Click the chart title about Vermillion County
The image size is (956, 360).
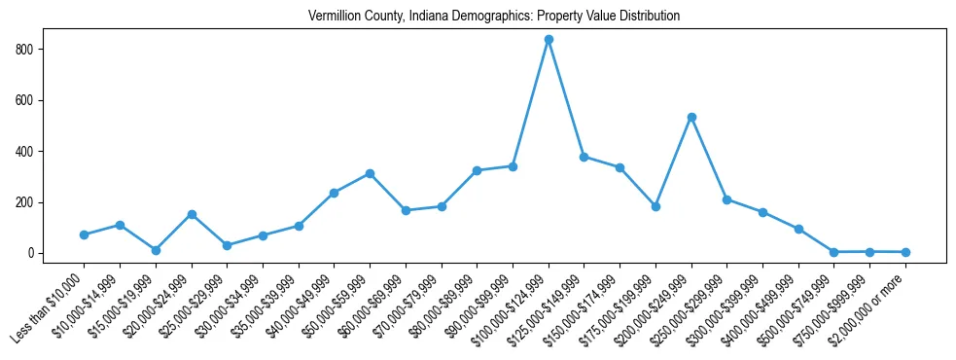point(493,17)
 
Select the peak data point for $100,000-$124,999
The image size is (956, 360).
point(549,40)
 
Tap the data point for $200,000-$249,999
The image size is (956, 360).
point(691,117)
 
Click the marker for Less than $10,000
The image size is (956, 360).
point(84,234)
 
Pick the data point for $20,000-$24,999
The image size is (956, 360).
point(192,214)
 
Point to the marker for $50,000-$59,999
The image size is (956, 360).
point(370,173)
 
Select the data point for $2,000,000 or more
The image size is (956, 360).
point(905,252)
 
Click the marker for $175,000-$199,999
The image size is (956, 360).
point(655,206)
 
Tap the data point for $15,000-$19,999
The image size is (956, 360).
point(156,250)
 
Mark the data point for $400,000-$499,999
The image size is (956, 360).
point(798,229)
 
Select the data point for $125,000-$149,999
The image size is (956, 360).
point(584,157)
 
